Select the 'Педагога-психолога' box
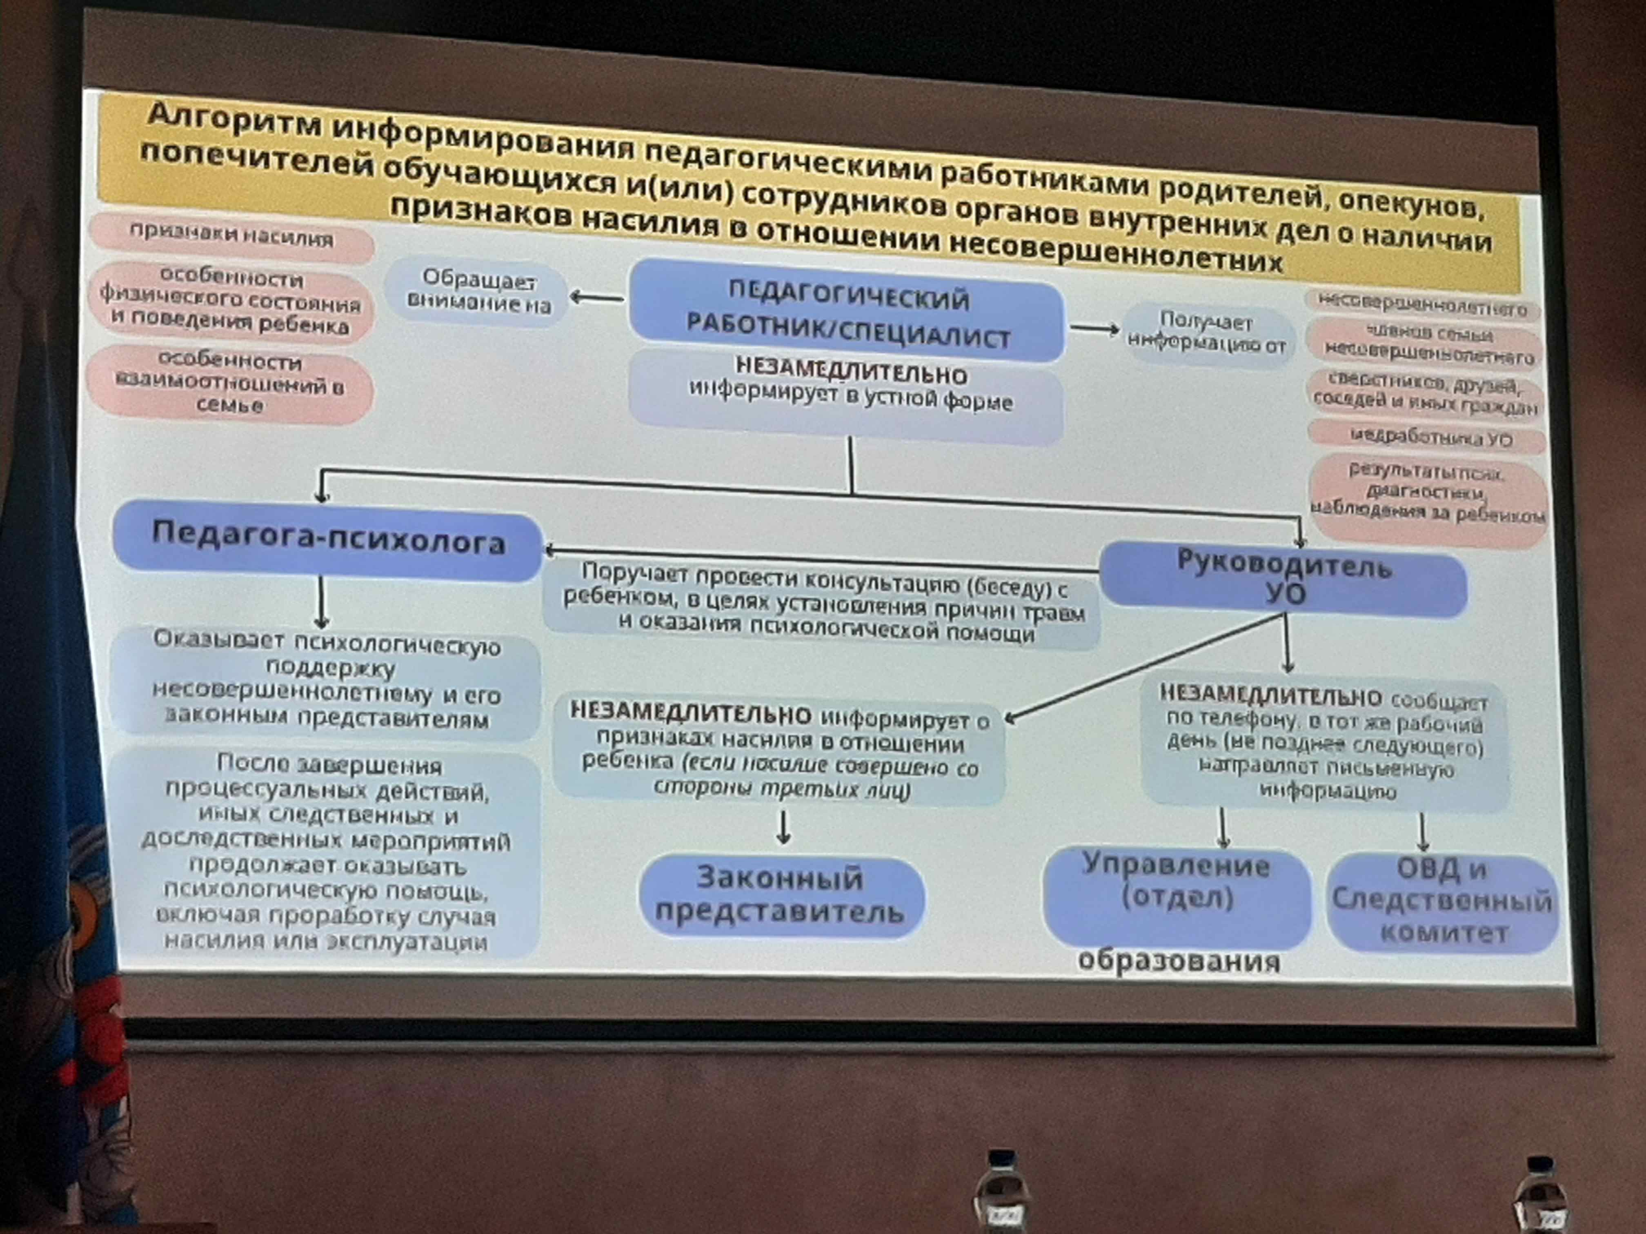[x=327, y=540]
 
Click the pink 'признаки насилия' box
[x=231, y=237]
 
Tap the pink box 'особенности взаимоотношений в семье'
[x=230, y=383]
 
